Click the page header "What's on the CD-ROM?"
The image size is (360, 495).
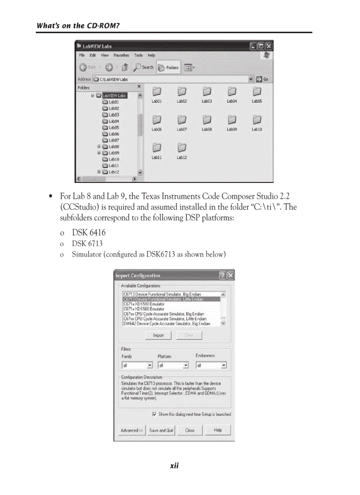point(78,26)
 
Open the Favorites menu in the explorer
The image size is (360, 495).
point(121,56)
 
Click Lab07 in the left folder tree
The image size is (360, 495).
point(113,140)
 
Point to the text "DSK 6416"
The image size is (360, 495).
point(89,233)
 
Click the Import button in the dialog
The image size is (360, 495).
point(158,335)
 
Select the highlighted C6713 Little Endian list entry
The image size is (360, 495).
point(171,299)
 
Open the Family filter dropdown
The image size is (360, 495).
point(150,365)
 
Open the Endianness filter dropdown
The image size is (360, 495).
point(224,365)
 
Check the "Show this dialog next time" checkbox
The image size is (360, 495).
point(154,414)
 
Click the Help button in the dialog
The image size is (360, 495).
point(217,430)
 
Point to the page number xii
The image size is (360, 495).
point(174,466)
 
